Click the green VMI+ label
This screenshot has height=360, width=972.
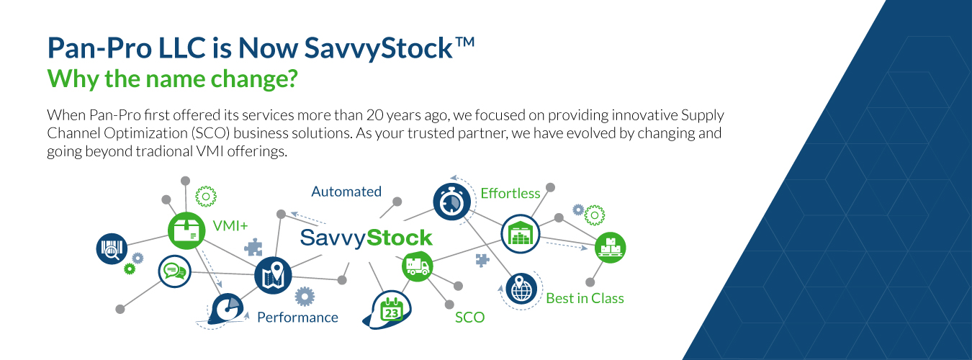pos(230,225)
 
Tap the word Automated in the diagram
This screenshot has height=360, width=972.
pos(346,192)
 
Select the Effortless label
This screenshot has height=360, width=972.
pos(510,193)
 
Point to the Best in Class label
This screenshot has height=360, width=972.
pos(585,298)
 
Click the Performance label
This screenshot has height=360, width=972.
pos(297,317)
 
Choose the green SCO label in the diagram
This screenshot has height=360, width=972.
pos(469,318)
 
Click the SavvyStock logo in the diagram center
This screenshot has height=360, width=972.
pos(366,238)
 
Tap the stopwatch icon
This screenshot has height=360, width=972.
pos(451,202)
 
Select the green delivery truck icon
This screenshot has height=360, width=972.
pos(418,266)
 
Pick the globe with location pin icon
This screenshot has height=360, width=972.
pos(521,289)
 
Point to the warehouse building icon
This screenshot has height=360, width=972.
pos(521,234)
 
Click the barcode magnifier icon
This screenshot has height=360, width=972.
pos(112,249)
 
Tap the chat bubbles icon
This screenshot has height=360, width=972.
pos(174,271)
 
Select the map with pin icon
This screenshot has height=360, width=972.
pos(273,276)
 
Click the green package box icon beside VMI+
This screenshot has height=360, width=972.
pos(186,230)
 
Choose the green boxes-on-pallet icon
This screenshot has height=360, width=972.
pos(610,248)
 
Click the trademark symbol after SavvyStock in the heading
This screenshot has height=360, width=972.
pos(464,42)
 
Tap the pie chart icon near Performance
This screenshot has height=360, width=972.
pos(225,309)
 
